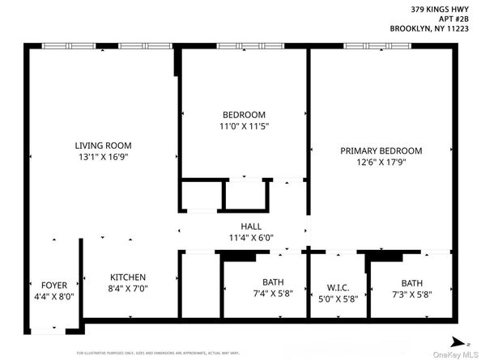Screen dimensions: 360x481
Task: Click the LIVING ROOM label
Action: (x=96, y=146)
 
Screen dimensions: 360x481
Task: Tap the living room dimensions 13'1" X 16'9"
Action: (x=96, y=158)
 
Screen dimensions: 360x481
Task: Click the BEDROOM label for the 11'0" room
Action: (x=244, y=115)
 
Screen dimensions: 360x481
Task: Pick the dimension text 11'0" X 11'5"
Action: (x=244, y=127)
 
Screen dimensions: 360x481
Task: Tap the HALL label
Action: (x=250, y=227)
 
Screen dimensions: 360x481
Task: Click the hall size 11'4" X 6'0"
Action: (x=250, y=239)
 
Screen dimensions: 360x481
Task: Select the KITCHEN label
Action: (x=129, y=276)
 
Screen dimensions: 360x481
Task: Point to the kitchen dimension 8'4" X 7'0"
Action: (x=129, y=288)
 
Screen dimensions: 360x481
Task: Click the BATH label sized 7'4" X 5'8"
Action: (x=262, y=282)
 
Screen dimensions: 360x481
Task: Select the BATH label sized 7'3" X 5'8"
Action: (x=413, y=282)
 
